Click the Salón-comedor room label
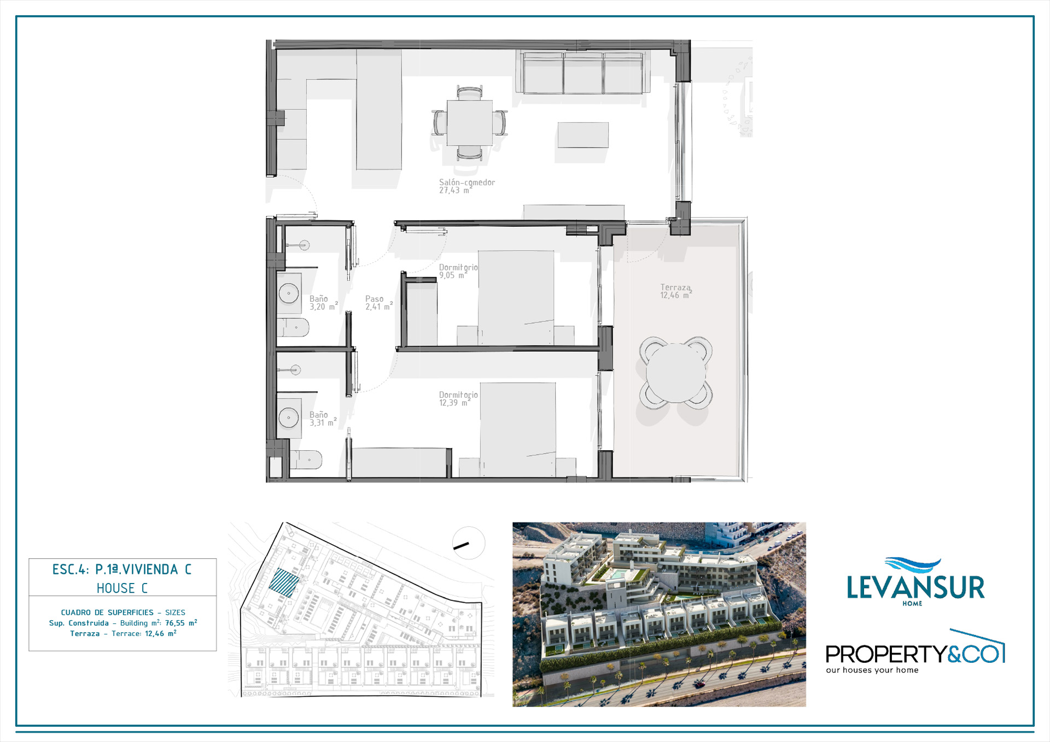click(467, 186)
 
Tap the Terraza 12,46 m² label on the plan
click(676, 291)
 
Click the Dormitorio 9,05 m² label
click(458, 271)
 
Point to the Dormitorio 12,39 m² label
click(458, 398)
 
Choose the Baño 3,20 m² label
click(324, 303)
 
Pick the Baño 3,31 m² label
click(323, 419)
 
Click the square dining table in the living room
click(470, 123)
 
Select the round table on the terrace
click(676, 373)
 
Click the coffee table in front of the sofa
click(583, 135)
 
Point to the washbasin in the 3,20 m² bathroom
click(289, 293)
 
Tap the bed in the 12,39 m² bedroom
click(518, 429)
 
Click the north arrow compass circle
click(469, 543)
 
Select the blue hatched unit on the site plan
click(284, 582)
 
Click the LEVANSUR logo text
click(915, 587)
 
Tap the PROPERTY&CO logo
click(915, 652)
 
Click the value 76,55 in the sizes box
click(175, 623)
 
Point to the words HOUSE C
click(122, 588)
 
